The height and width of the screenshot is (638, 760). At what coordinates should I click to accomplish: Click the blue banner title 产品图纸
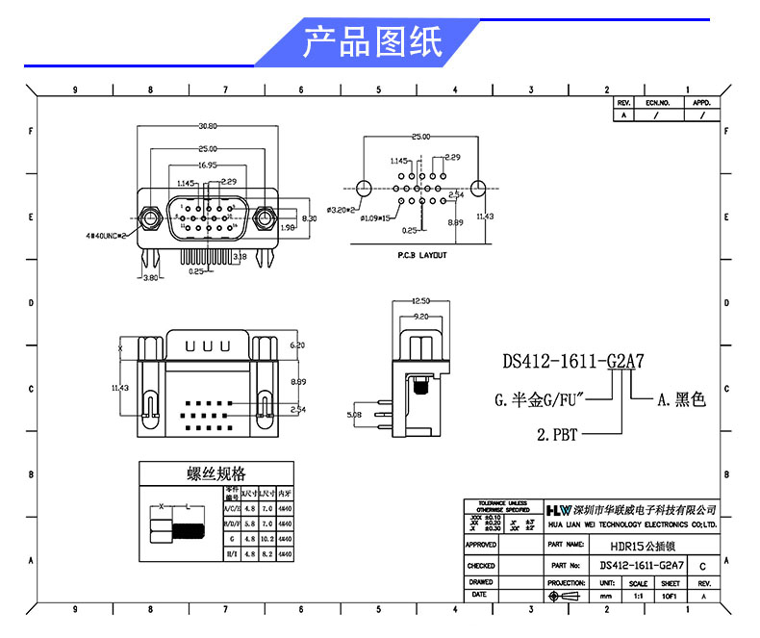tap(372, 42)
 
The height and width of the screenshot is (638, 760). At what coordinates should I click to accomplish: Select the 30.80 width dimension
tap(208, 126)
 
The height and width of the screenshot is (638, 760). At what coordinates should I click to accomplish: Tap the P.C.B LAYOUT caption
tap(421, 256)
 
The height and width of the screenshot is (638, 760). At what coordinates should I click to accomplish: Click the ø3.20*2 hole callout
tap(342, 209)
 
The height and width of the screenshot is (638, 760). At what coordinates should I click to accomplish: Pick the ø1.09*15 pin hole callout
tap(375, 219)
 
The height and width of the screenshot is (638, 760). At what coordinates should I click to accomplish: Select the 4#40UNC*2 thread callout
tap(107, 234)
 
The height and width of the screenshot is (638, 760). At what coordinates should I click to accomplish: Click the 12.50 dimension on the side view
tap(420, 301)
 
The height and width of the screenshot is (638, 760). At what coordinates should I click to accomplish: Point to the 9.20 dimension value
tap(420, 316)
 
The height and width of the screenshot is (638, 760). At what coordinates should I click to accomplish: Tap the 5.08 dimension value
tap(355, 417)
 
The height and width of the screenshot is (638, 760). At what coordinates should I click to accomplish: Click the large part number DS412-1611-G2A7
tap(572, 362)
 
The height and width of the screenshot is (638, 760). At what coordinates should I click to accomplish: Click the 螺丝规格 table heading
tap(215, 473)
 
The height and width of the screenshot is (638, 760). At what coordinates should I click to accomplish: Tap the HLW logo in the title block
tap(558, 509)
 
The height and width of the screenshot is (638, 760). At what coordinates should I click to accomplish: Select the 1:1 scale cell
tap(638, 597)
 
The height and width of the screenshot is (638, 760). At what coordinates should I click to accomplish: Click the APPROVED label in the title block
tap(481, 545)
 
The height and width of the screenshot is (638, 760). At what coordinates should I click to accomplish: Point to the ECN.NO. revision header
tap(657, 102)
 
